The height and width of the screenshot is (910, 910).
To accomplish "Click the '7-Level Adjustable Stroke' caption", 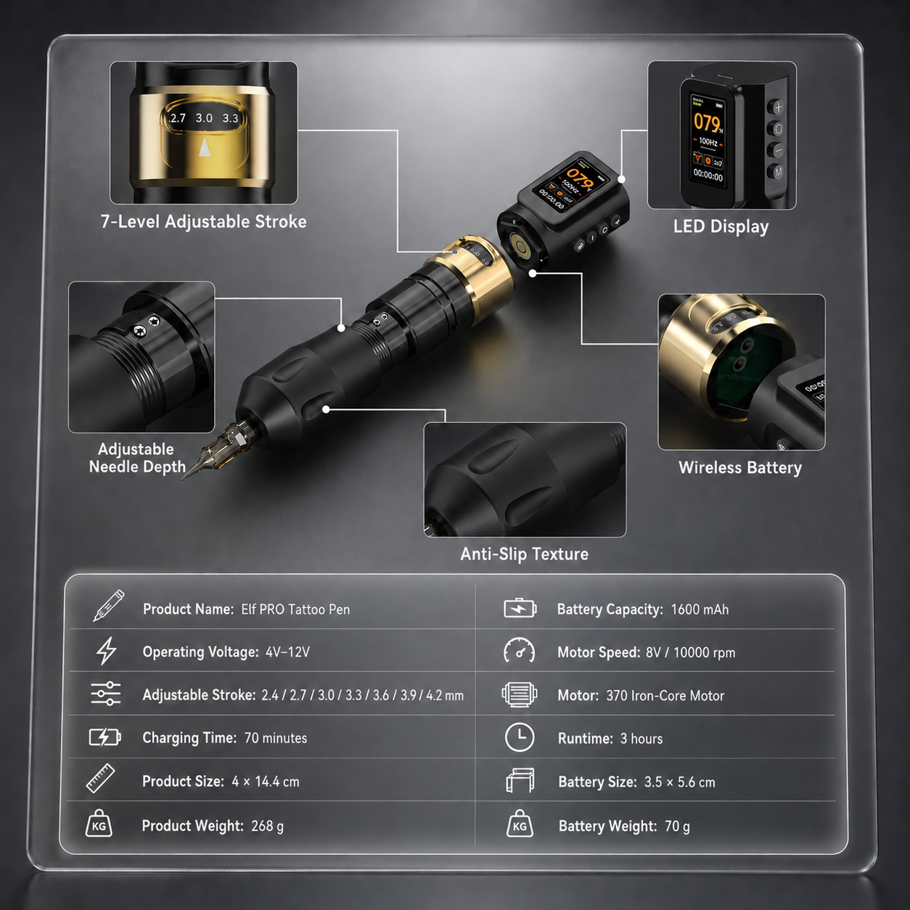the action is (203, 221).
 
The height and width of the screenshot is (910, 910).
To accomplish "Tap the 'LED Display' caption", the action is (721, 226).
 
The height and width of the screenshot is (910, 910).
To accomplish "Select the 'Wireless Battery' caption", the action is (740, 467).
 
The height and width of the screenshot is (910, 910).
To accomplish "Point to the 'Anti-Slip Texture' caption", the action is (524, 554).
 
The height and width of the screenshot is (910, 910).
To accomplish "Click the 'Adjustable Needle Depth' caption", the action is (137, 458).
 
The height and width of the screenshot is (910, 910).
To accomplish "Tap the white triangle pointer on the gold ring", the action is (205, 147).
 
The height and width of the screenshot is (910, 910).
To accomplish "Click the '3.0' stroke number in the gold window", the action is (204, 118).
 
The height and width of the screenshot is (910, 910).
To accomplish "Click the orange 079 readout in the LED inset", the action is (707, 123).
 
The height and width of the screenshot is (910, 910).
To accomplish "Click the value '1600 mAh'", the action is (700, 609).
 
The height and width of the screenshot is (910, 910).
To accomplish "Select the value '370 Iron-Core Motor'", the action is (665, 696).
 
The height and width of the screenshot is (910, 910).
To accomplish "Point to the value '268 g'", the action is (267, 826).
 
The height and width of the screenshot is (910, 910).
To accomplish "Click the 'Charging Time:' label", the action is (189, 738).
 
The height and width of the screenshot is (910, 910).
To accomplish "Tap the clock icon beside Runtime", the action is (520, 737).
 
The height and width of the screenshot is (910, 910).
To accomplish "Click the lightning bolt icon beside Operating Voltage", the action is (106, 651).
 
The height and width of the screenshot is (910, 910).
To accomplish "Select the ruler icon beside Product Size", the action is (101, 778).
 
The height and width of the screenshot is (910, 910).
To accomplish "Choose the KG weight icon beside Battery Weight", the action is (520, 824).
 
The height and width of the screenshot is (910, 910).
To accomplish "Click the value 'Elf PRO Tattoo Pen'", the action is (295, 609).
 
